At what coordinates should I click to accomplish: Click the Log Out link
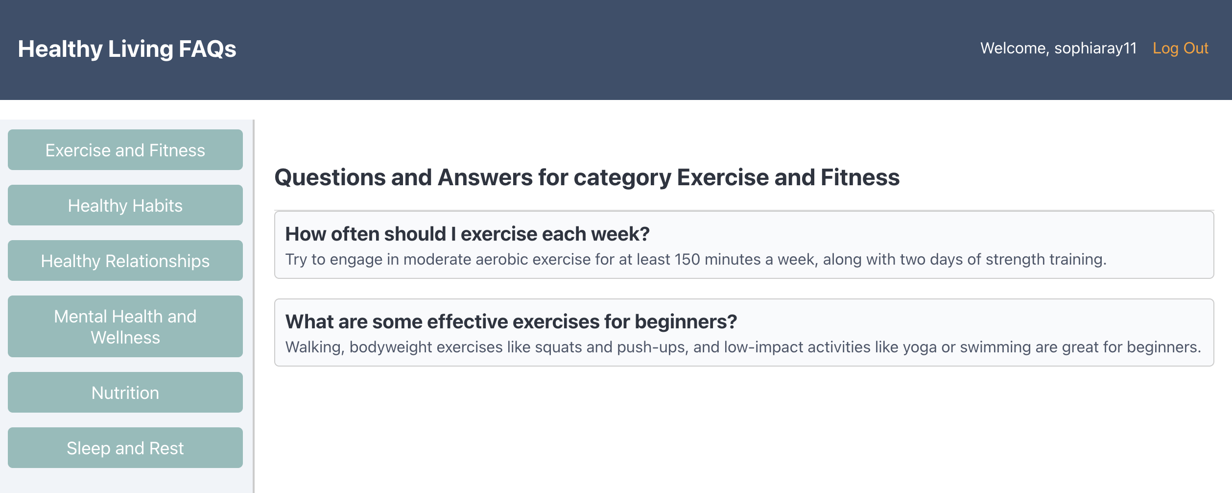pyautogui.click(x=1180, y=49)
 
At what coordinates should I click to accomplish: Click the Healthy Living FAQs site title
pyautogui.click(x=127, y=49)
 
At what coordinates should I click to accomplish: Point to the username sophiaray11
pyautogui.click(x=1095, y=49)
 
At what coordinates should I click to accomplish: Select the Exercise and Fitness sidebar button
pyautogui.click(x=125, y=150)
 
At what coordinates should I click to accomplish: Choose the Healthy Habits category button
pyautogui.click(x=125, y=205)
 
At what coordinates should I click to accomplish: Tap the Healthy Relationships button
pyautogui.click(x=125, y=261)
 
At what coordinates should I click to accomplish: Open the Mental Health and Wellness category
pyautogui.click(x=125, y=326)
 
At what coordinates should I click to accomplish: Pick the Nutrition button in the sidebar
pyautogui.click(x=125, y=393)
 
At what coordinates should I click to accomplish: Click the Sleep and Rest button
pyautogui.click(x=125, y=448)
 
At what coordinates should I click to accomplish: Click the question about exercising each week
pyautogui.click(x=467, y=234)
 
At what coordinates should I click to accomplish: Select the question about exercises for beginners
pyautogui.click(x=511, y=322)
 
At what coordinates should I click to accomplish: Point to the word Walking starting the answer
pyautogui.click(x=315, y=347)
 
